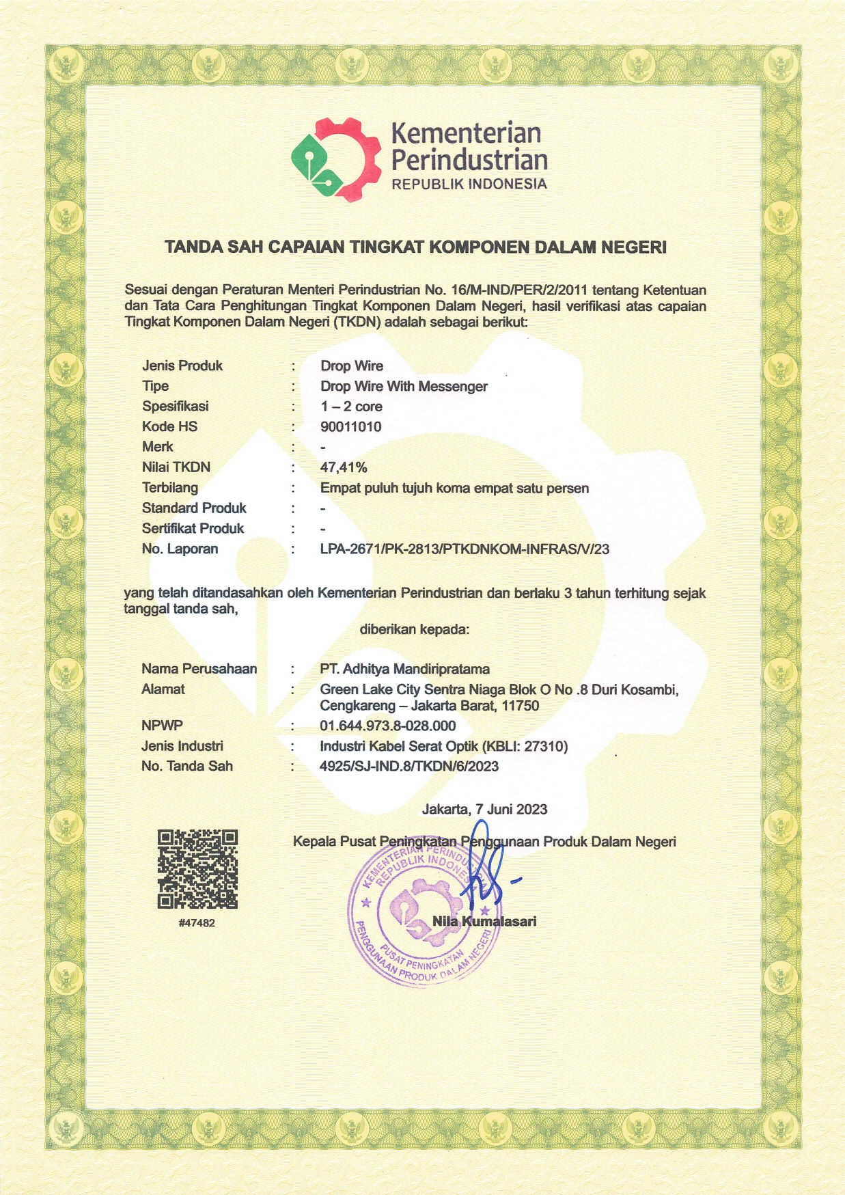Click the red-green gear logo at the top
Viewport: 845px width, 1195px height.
[x=335, y=159]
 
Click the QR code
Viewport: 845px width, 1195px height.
[x=197, y=869]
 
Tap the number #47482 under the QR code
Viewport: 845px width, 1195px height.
[x=197, y=922]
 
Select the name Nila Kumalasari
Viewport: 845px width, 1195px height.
[x=484, y=921]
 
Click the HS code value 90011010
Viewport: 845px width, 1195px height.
[x=351, y=427]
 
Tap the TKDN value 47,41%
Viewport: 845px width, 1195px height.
[x=344, y=467]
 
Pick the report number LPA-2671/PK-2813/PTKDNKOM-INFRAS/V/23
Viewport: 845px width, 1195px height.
[x=465, y=549]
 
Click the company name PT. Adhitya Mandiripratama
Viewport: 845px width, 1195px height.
[x=404, y=669]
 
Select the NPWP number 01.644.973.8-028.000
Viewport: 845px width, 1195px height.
[x=387, y=726]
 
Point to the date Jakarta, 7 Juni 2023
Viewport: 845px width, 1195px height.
[x=484, y=809]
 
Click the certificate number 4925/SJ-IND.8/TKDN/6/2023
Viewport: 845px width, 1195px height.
[x=409, y=766]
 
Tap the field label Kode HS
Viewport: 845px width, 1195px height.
[x=169, y=427]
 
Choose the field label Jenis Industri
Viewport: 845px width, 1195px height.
[x=182, y=746]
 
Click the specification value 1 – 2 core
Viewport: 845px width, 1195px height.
[x=351, y=407]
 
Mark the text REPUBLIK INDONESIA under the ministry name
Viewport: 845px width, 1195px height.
[x=469, y=184]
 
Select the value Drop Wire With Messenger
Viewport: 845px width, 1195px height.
[x=404, y=386]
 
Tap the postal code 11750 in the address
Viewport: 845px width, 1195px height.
[x=521, y=705]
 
